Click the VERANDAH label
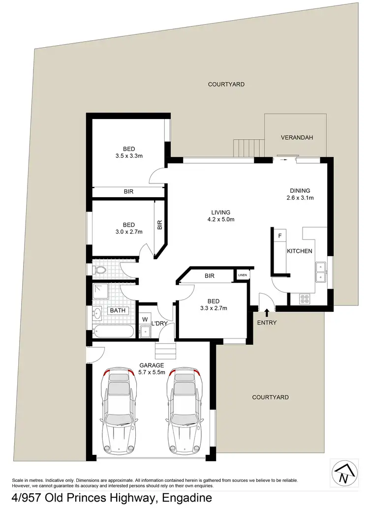[297, 138]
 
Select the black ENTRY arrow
[267, 312]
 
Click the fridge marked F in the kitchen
[280, 236]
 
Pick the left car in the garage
[118, 412]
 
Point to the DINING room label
[300, 190]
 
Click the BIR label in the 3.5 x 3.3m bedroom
[128, 192]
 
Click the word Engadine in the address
[186, 498]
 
